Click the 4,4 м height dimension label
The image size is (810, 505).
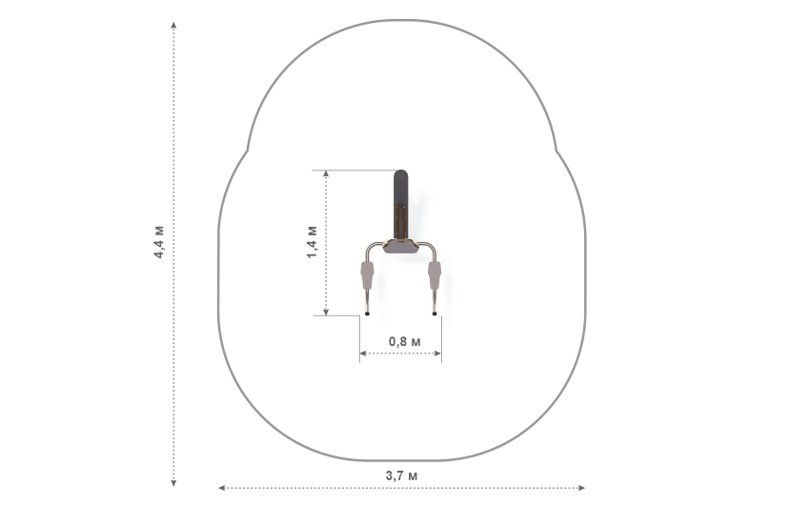coord(158,242)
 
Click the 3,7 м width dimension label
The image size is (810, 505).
coord(401,475)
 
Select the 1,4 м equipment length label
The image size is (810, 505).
coord(312,242)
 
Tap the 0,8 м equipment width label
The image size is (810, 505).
coord(404,341)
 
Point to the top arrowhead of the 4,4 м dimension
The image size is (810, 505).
coord(173,25)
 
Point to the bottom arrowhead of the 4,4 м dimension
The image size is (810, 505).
coord(173,483)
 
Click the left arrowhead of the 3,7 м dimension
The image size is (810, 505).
coord(222,488)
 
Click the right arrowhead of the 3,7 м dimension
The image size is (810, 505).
coord(581,488)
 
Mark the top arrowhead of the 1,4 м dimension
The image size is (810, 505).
coord(326,174)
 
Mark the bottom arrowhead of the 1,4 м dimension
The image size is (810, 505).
coord(326,312)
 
